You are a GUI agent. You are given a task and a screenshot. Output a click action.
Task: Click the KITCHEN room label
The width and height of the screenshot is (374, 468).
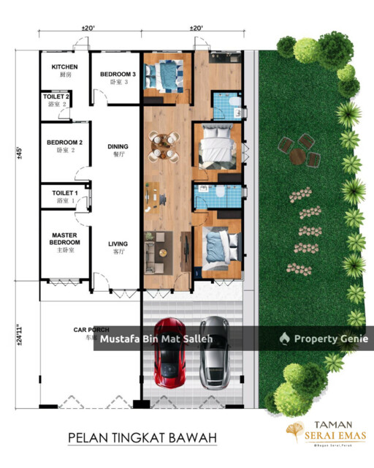65,67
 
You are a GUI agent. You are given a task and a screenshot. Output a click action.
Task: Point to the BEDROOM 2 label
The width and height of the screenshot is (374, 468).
65,143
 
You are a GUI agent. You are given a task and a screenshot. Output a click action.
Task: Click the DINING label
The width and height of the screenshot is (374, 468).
118,146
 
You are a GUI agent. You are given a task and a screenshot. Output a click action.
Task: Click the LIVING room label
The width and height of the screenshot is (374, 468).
118,244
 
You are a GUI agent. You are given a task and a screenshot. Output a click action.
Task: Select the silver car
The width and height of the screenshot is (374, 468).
214,350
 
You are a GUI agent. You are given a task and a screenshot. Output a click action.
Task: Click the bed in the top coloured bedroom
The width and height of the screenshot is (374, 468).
164,74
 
